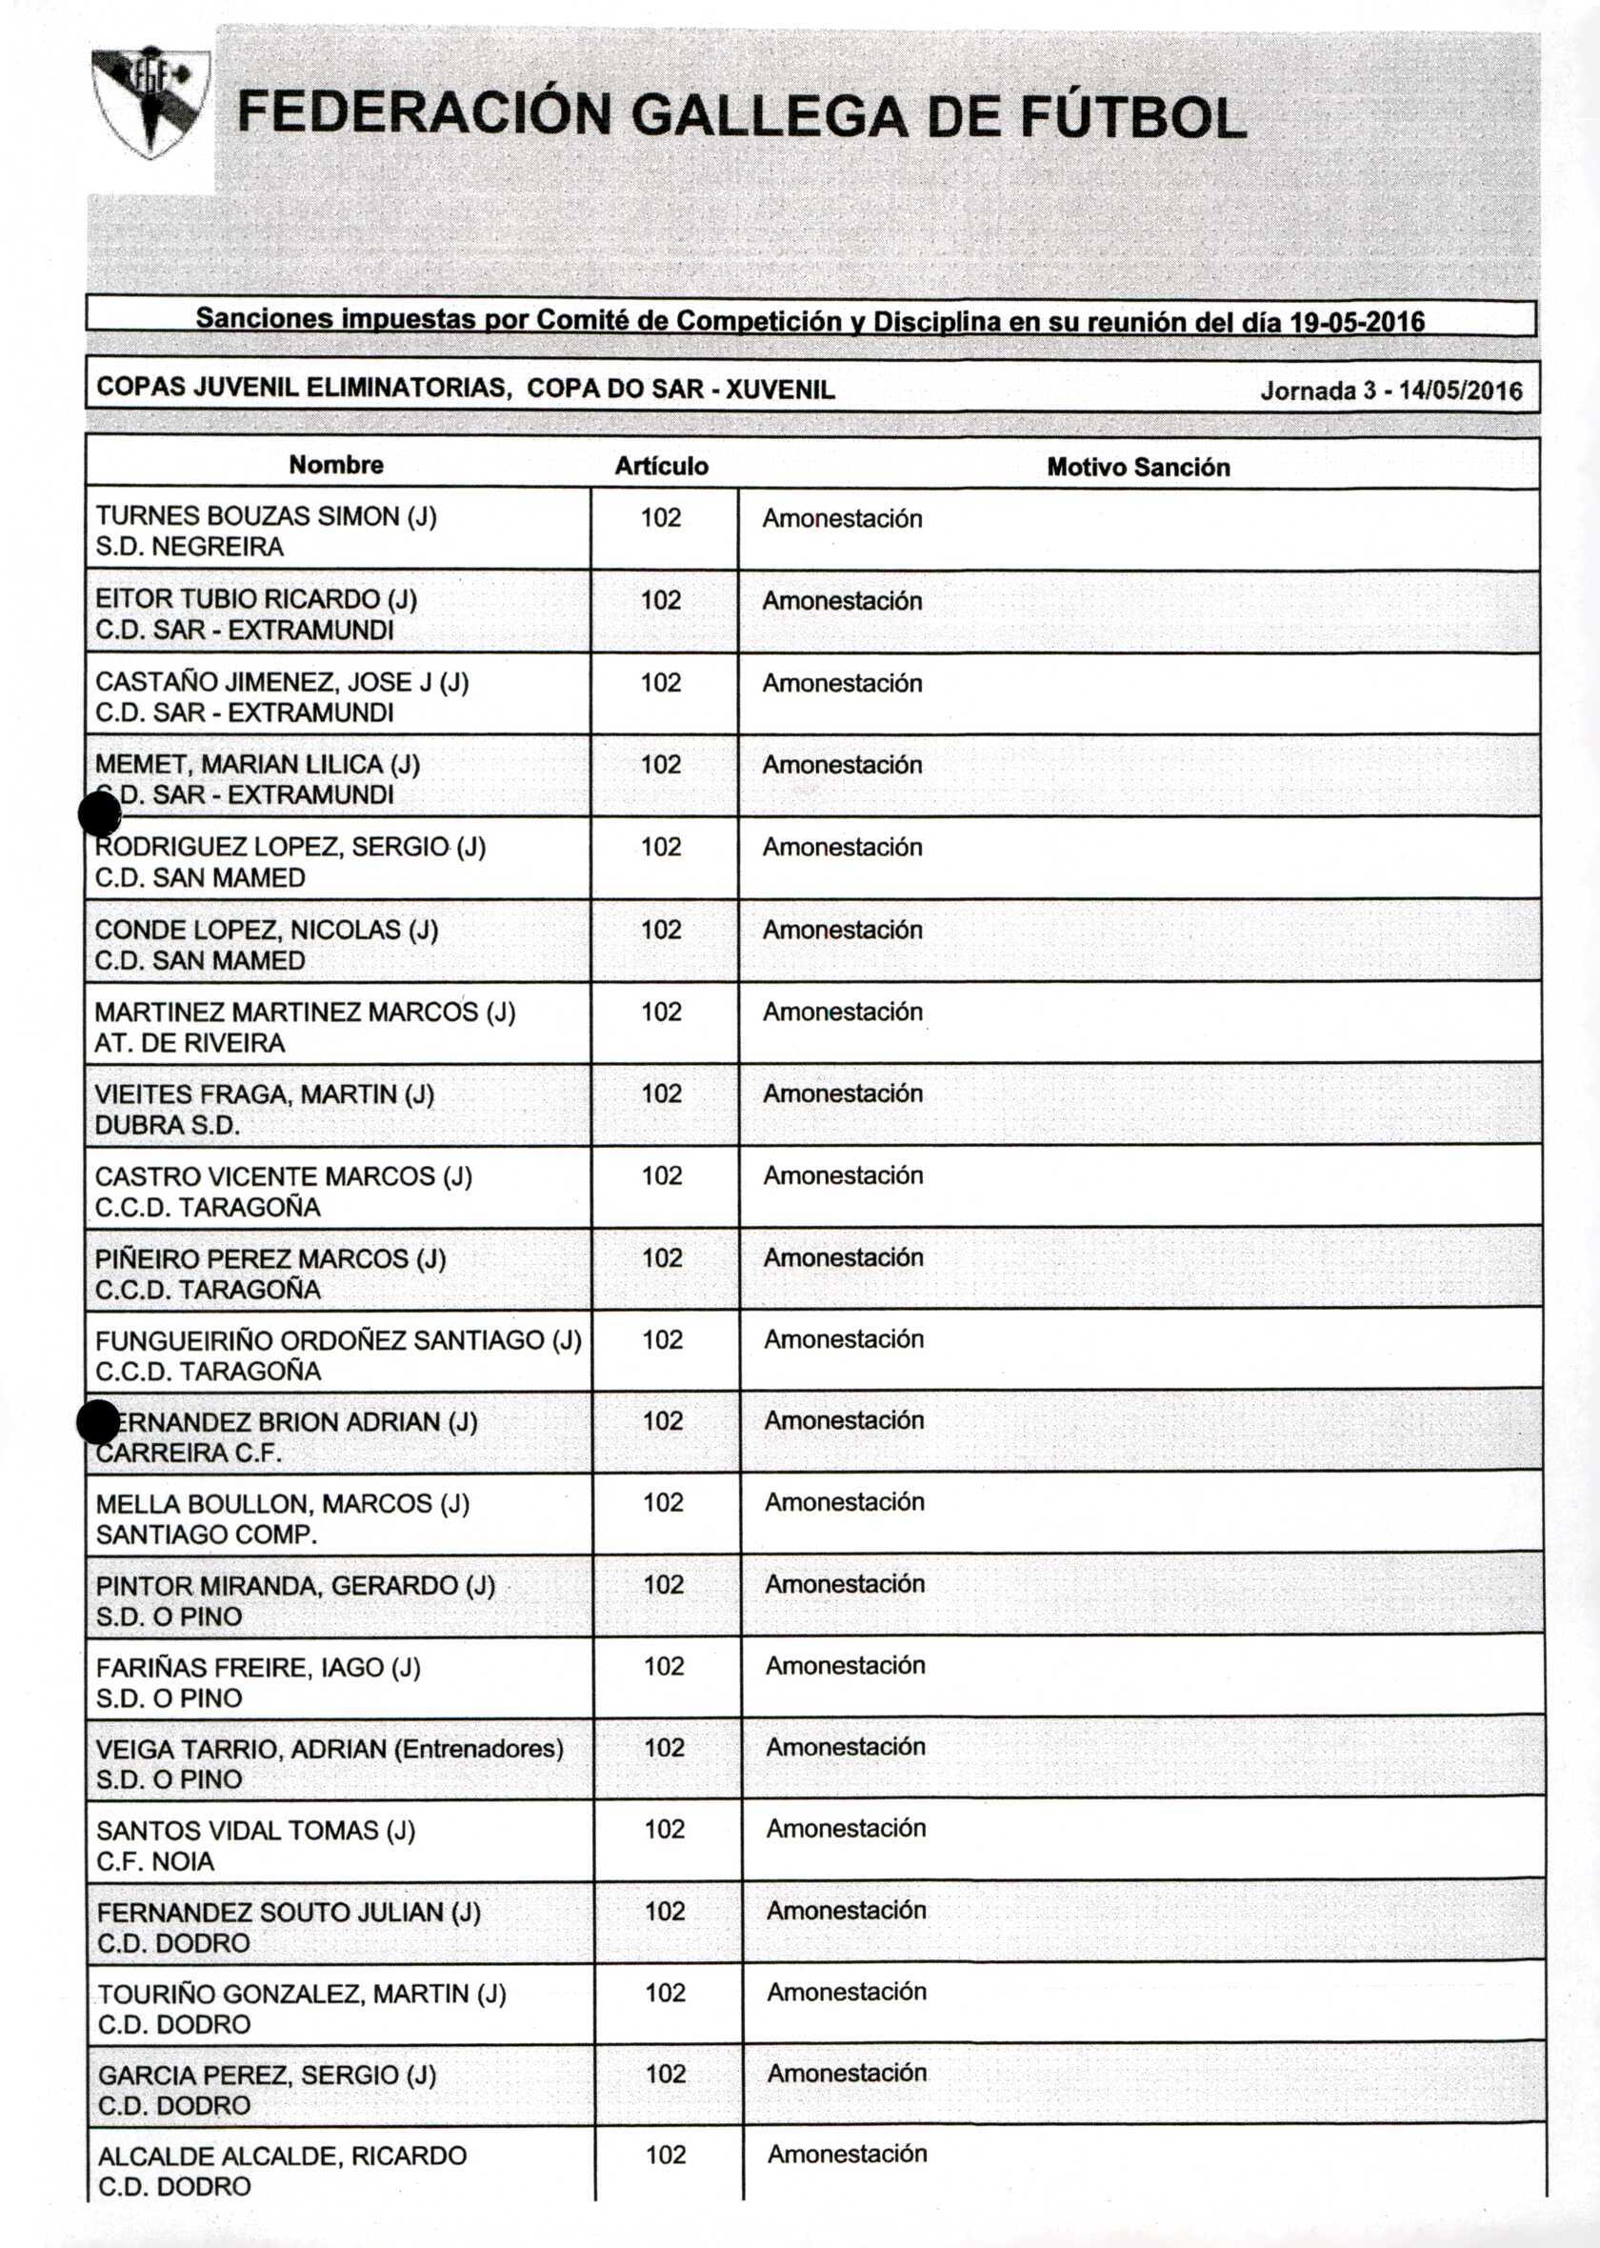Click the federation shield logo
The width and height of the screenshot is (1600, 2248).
[150, 102]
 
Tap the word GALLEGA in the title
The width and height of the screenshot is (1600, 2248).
[769, 116]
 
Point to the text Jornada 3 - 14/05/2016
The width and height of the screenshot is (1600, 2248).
[1390, 391]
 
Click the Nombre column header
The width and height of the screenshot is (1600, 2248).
[336, 465]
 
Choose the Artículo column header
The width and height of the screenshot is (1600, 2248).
[661, 466]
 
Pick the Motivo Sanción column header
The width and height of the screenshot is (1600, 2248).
[1138, 467]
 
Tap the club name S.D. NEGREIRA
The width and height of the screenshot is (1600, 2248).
[190, 547]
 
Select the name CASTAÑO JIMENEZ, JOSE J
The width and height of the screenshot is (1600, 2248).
[282, 682]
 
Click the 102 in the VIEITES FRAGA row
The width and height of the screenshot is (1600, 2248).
[661, 1094]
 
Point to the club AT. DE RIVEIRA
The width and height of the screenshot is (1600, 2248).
[190, 1043]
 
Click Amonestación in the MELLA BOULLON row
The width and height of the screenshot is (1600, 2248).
[845, 1502]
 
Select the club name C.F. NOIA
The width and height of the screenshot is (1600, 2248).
[154, 1861]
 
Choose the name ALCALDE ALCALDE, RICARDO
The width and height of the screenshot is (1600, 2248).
[282, 2156]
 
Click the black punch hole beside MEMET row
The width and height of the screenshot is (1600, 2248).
[98, 813]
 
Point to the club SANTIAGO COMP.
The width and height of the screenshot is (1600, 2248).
[206, 1534]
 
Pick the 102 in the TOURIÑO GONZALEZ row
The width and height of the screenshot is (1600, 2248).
[665, 1993]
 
